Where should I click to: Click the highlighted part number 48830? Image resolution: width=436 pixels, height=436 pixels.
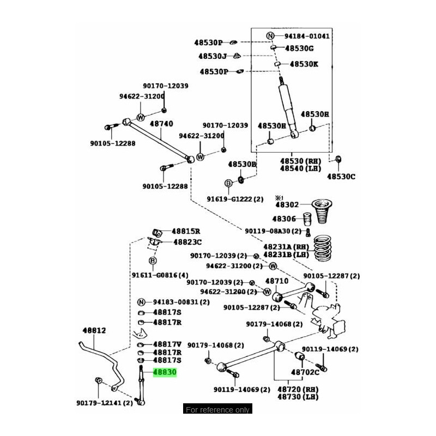tap(165, 373)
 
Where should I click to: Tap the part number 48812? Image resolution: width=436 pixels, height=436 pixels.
tap(94, 331)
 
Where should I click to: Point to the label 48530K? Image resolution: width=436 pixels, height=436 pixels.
tap(304, 64)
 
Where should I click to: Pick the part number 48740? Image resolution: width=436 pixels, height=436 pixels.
tap(161, 124)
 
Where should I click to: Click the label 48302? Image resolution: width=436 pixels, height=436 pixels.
tap(287, 205)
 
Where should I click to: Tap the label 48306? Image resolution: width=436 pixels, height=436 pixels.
tap(284, 219)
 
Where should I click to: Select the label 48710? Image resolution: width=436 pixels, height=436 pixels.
tap(276, 281)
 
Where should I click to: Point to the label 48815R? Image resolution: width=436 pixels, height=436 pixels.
tap(186, 231)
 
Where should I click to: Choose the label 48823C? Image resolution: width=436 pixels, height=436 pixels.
tap(187, 242)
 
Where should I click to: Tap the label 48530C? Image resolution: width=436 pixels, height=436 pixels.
tap(341, 177)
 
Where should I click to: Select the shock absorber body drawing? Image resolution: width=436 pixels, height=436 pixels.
tap(287, 106)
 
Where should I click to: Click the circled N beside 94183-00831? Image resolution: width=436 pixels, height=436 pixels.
tap(141, 302)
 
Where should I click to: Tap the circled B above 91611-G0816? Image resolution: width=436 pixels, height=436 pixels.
tap(153, 262)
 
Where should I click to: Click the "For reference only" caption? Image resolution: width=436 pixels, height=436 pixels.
tap(217, 410)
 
